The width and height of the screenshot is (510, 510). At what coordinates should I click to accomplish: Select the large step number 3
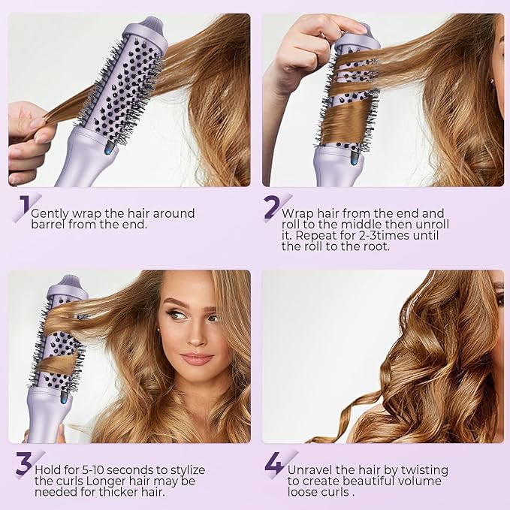click(x=24, y=463)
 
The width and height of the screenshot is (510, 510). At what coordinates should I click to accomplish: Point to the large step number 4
click(x=275, y=463)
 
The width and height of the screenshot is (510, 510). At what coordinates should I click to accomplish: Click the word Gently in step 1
click(x=50, y=214)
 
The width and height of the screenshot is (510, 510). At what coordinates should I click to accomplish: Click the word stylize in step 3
click(x=188, y=471)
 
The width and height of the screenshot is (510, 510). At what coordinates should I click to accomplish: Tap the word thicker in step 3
click(x=119, y=492)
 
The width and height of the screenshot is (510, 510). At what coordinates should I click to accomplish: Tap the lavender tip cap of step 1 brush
click(x=152, y=26)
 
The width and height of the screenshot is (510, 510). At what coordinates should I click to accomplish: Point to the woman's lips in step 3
click(x=196, y=359)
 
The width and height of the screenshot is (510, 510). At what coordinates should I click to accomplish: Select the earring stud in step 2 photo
click(x=491, y=80)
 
